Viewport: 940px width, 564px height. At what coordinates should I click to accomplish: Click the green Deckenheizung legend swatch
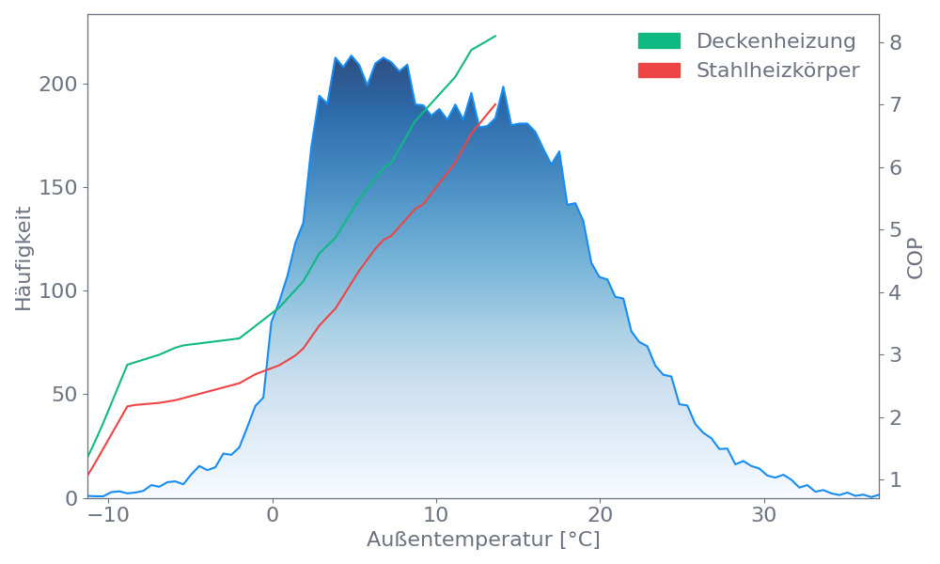[x=659, y=41]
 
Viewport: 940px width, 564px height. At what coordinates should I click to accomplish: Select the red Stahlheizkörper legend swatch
[x=659, y=70]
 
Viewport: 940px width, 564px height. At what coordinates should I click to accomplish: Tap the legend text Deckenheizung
[x=775, y=41]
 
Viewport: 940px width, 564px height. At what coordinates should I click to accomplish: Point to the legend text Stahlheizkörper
[x=777, y=70]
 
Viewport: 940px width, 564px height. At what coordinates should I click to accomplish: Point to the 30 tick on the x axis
[x=764, y=516]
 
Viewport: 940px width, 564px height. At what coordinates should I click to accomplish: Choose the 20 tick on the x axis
[x=600, y=516]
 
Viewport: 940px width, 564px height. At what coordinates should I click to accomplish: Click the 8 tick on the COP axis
[x=896, y=42]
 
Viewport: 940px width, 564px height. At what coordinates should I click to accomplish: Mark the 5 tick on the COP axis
[x=896, y=230]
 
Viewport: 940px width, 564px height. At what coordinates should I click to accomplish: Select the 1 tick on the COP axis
[x=896, y=480]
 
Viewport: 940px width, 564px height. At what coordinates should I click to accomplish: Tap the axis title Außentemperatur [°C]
[x=483, y=540]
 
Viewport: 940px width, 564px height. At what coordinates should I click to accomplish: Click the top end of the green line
[x=495, y=36]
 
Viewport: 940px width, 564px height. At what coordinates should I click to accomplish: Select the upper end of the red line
[x=495, y=103]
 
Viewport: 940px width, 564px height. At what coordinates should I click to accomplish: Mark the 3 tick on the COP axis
[x=896, y=355]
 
